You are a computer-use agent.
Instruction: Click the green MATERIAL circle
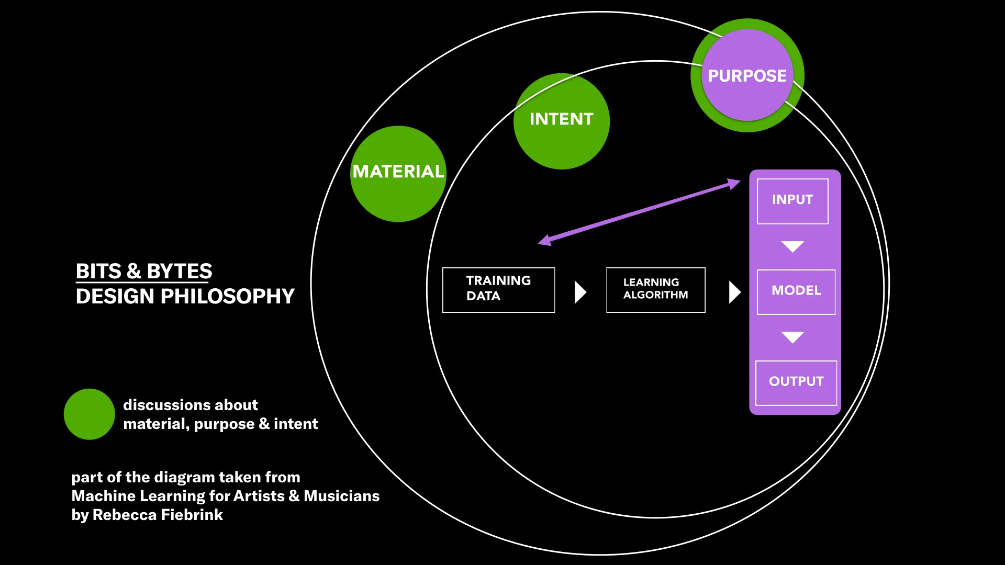coord(398,174)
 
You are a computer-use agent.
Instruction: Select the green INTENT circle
coord(561,121)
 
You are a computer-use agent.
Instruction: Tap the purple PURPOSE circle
coord(747,75)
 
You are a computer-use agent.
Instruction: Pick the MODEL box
coord(796,292)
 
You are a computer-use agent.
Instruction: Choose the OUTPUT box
coord(796,382)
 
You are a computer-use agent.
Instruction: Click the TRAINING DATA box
coord(498,290)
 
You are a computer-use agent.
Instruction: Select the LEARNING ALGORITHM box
coord(655,290)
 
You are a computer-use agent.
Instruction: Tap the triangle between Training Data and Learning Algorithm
coord(579,292)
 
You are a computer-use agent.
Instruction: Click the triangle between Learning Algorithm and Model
coord(734,292)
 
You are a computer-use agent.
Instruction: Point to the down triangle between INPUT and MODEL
coord(792,246)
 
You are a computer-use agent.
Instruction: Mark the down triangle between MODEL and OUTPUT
coord(792,336)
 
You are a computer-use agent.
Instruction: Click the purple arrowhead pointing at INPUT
coord(734,184)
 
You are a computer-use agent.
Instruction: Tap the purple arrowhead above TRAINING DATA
coord(545,240)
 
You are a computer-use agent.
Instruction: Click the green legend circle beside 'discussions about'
coord(89,414)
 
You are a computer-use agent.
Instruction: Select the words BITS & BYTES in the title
coord(144,271)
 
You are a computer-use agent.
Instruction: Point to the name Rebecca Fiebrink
coord(158,515)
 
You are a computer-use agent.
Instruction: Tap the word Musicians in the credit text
coord(341,495)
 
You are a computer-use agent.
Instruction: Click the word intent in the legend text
coord(296,424)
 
